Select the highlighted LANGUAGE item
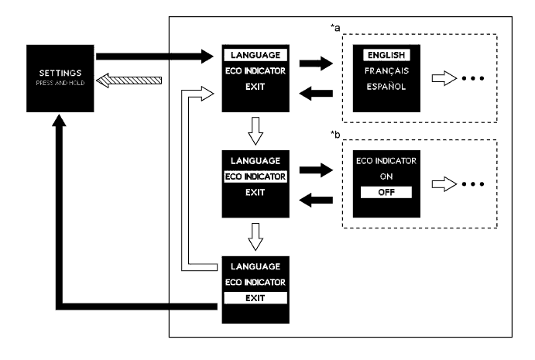tap(254, 56)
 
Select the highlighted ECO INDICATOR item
tap(254, 176)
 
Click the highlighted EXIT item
tap(254, 296)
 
